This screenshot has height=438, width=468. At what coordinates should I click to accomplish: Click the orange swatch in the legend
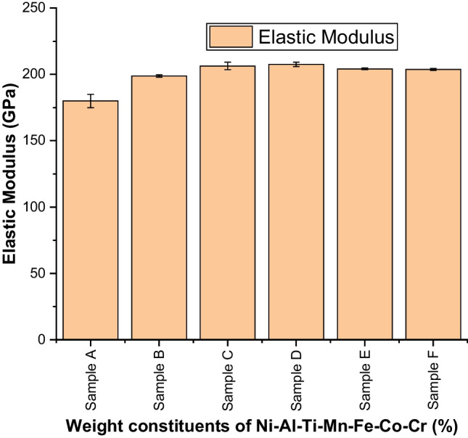pos(229,36)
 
